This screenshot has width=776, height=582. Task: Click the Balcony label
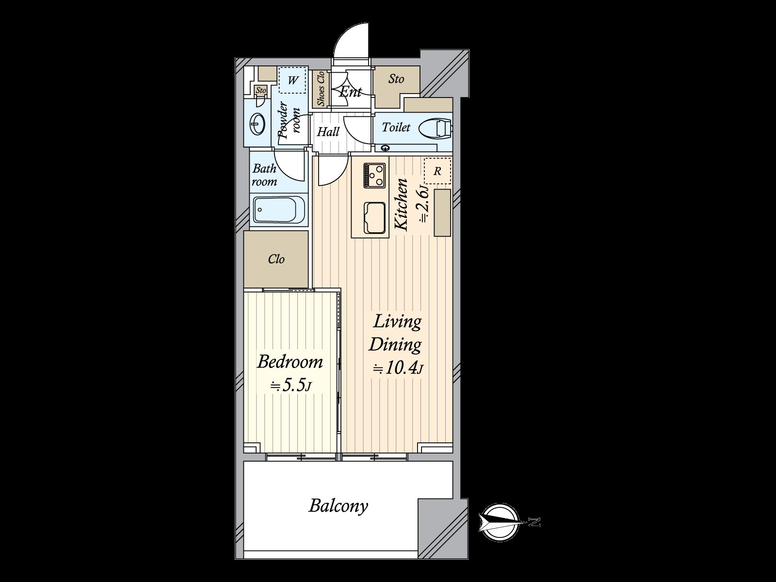[339, 506]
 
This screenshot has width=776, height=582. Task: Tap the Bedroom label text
[290, 362]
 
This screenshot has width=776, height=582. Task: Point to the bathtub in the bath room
[278, 210]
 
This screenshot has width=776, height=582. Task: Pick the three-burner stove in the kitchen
[375, 175]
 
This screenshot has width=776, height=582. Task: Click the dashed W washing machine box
[292, 80]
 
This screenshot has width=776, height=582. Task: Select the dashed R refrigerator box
[437, 171]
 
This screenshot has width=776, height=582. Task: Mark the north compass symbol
[500, 522]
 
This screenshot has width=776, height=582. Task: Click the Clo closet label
[276, 259]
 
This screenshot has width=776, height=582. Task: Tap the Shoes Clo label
[321, 89]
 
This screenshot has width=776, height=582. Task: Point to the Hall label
[328, 131]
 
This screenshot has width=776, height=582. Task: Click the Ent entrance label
[350, 92]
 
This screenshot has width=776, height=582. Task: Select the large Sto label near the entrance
[396, 79]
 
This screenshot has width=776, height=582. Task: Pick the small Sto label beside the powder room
[261, 91]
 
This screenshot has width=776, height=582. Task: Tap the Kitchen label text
[401, 204]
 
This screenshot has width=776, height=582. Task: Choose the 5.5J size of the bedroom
[291, 386]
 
